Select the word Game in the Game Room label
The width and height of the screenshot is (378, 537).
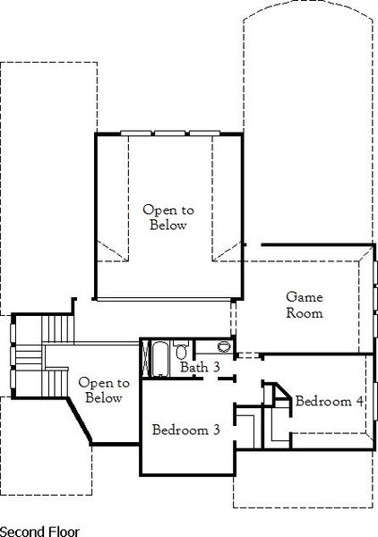[304, 297]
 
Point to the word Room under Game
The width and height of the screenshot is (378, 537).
[305, 313]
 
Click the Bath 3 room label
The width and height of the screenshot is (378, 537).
[199, 367]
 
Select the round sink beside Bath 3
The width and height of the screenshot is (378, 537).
[223, 346]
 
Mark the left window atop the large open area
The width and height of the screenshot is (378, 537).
[136, 134]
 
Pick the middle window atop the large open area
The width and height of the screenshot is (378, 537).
[168, 134]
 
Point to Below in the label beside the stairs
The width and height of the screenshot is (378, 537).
[103, 398]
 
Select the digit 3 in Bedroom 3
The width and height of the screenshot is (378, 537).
[216, 430]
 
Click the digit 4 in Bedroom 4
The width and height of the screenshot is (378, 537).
[360, 401]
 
